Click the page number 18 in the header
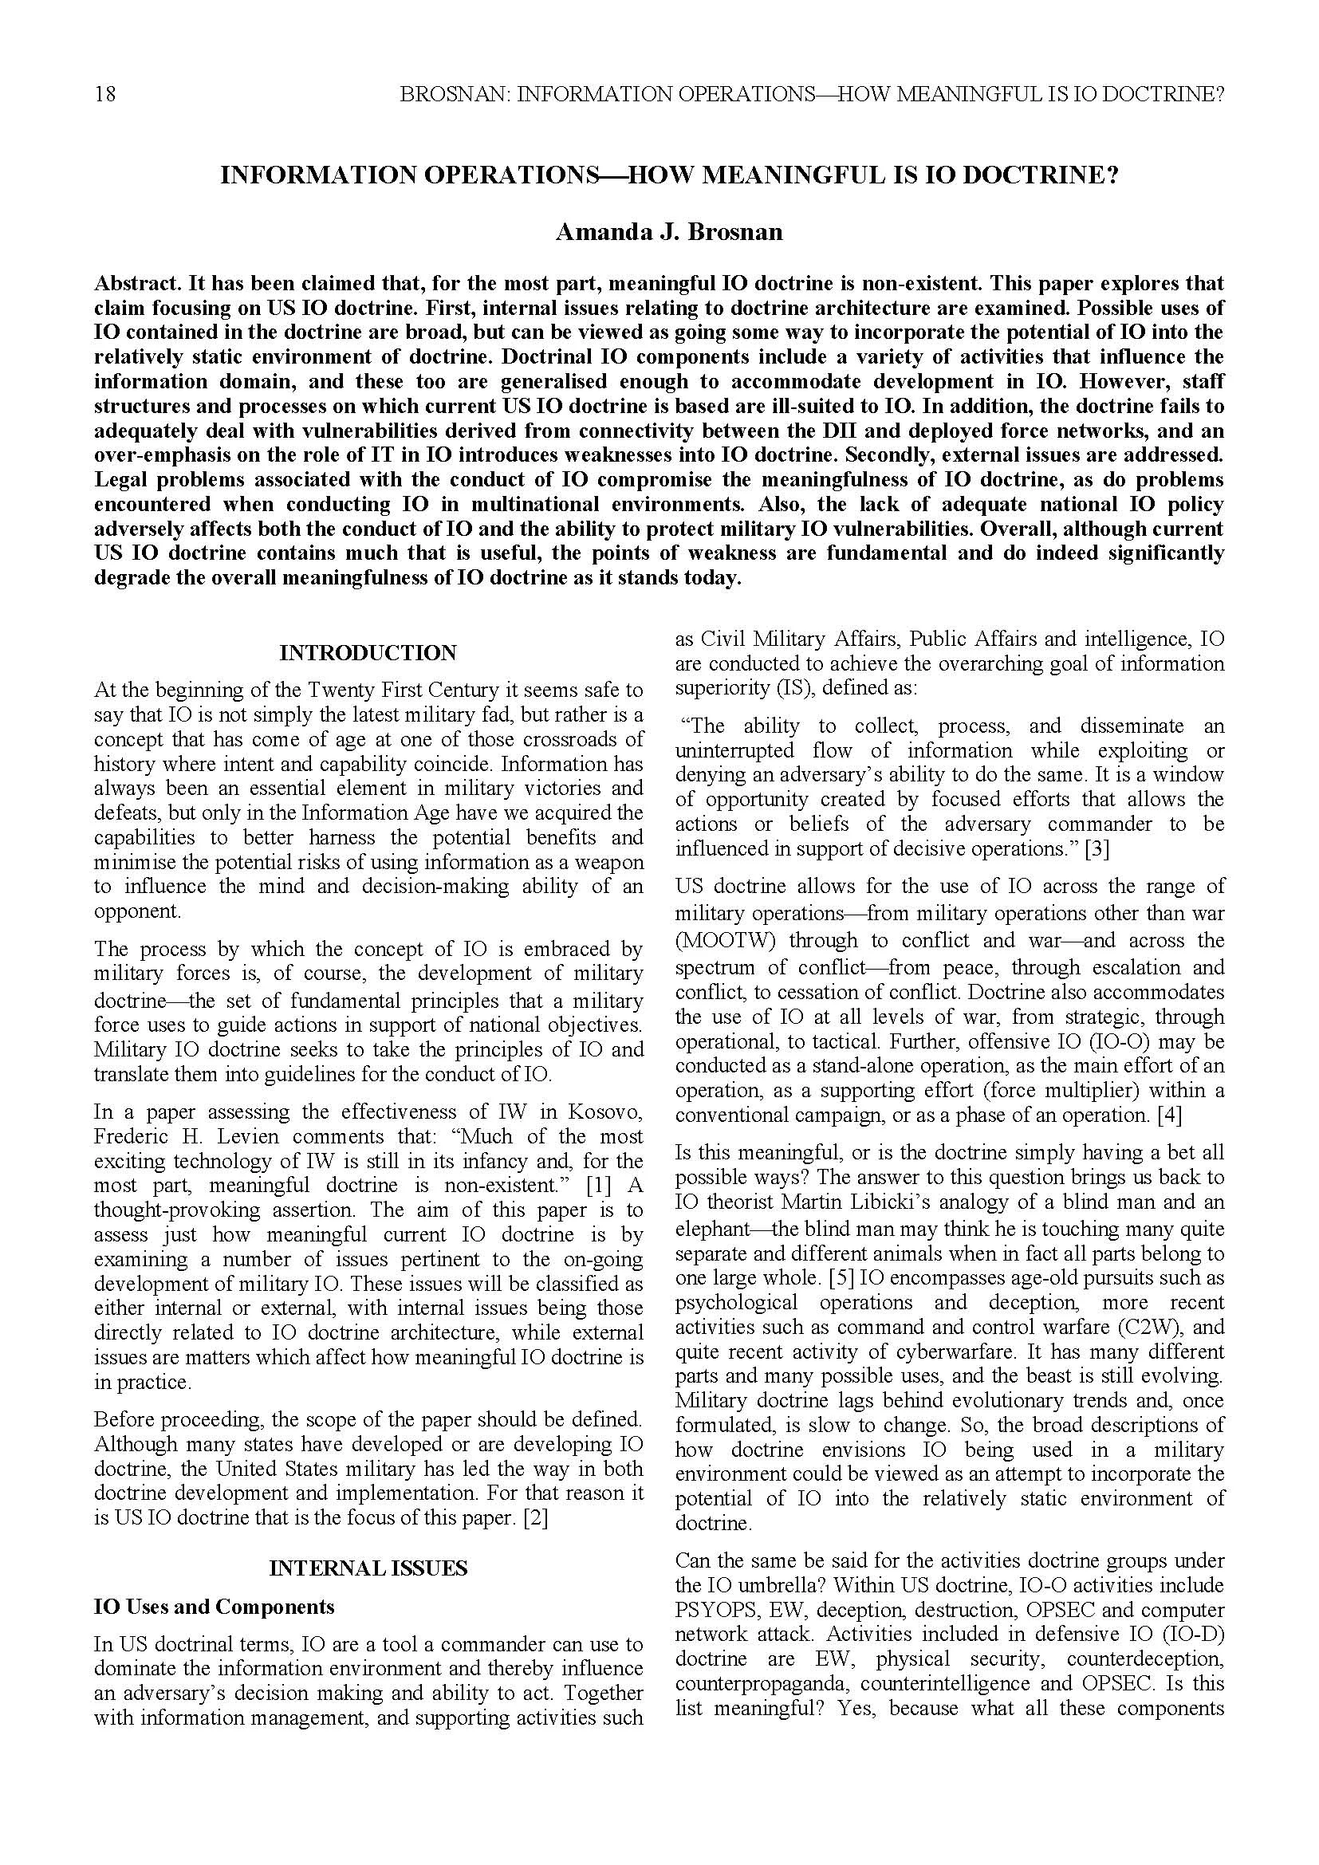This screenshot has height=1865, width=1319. click(104, 95)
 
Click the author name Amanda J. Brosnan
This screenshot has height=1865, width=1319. click(668, 232)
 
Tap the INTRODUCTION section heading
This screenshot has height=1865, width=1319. click(368, 653)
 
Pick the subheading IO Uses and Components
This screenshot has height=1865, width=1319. click(215, 1607)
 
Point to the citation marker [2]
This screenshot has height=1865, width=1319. click(535, 1518)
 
